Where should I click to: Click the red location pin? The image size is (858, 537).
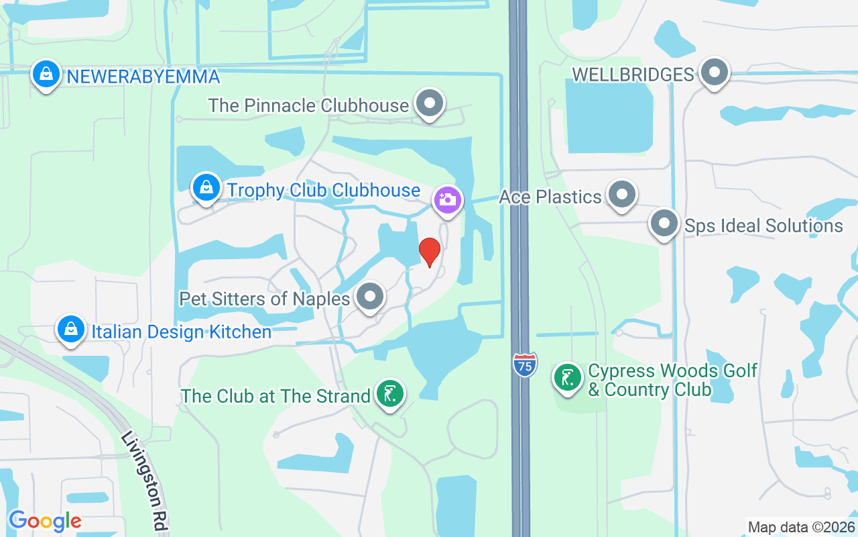[x=430, y=252]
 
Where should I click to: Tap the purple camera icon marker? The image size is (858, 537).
[x=448, y=200]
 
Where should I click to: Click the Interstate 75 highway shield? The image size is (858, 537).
[x=525, y=364]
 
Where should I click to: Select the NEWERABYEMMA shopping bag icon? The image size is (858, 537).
[x=46, y=75]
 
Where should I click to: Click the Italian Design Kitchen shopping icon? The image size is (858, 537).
[x=70, y=329]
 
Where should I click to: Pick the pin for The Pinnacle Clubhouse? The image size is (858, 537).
[x=430, y=104]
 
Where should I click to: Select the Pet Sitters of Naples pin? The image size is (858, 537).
[x=369, y=296]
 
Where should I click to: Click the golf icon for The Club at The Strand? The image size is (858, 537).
[x=389, y=393]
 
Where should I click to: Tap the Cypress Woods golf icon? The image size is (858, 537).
[x=568, y=377]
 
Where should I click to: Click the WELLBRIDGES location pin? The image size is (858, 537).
[x=715, y=72]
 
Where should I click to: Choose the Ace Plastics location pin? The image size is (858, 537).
[x=622, y=195]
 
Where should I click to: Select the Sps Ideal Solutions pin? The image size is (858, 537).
[x=664, y=224]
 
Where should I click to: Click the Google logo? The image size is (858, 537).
[x=45, y=521]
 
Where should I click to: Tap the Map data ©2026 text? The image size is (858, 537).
[x=801, y=527]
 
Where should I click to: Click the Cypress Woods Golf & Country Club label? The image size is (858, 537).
[x=672, y=380]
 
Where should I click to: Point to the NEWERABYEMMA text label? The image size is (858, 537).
[x=143, y=77]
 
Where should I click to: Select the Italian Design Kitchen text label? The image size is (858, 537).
[x=182, y=332]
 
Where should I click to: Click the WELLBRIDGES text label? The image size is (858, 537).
[x=633, y=74]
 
